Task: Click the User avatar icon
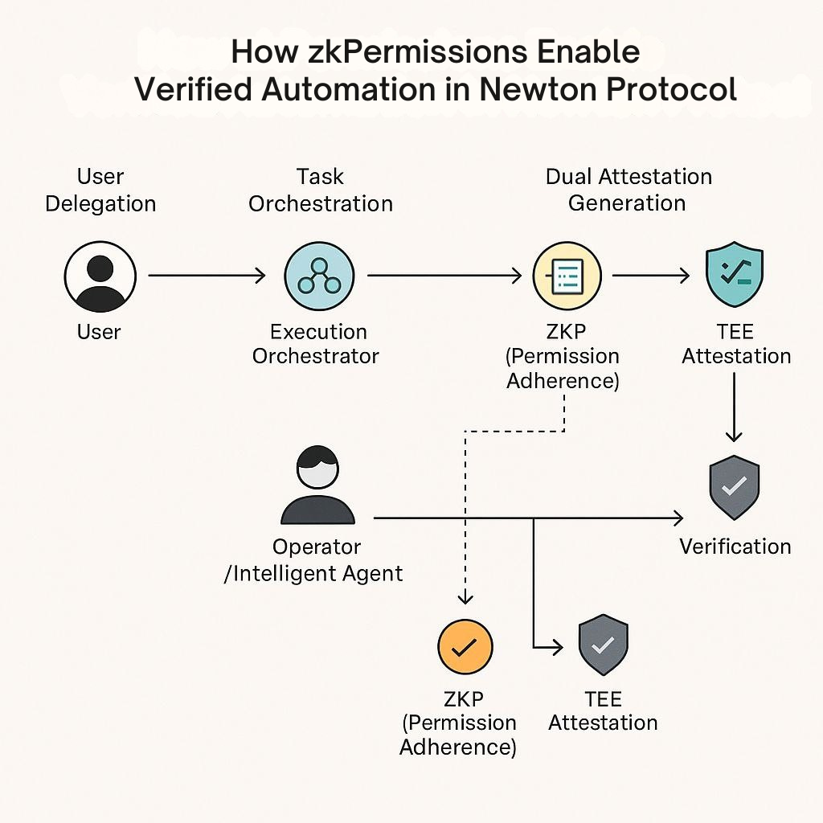(x=100, y=276)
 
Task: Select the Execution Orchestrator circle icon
(x=319, y=276)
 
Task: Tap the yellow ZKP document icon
(x=567, y=276)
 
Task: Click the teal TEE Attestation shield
(x=735, y=274)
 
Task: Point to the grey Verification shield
(x=735, y=488)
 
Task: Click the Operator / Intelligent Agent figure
(x=318, y=485)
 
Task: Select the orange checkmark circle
(x=465, y=647)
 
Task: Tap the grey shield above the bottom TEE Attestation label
(x=603, y=645)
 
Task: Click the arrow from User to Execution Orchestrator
(x=207, y=275)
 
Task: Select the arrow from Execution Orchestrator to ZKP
(x=444, y=275)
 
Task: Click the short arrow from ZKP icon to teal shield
(x=651, y=275)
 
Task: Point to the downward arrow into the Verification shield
(x=734, y=407)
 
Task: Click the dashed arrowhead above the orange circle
(x=465, y=597)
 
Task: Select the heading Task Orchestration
(x=321, y=190)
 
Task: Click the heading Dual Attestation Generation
(x=629, y=190)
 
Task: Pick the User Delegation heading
(x=100, y=190)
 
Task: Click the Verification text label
(x=735, y=547)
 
